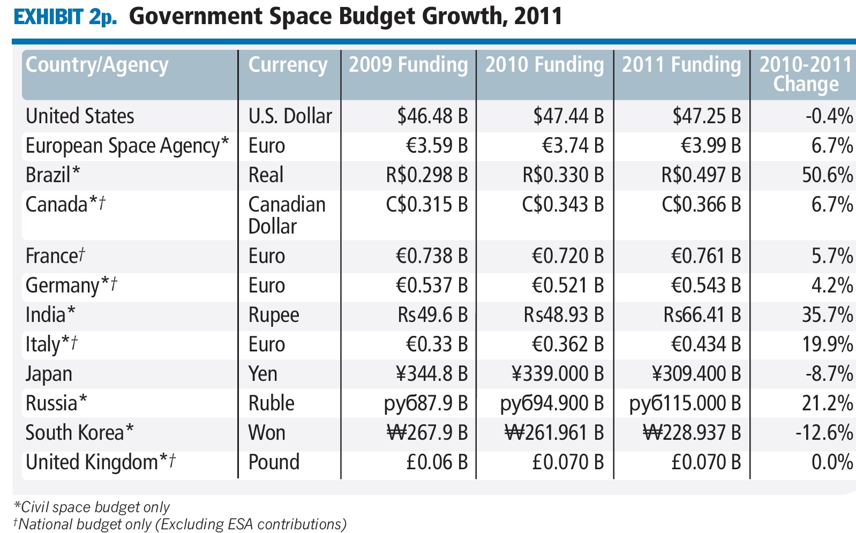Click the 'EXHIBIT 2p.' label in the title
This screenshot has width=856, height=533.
pos(65,17)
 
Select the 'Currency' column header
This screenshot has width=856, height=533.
pos(288,65)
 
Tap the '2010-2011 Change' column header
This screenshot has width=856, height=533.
pos(805,74)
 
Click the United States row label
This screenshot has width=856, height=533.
pos(80,116)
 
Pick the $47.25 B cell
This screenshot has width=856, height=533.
pos(707,116)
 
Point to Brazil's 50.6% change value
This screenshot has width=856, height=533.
pos(827,175)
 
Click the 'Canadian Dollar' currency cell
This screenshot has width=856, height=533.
pos(287,215)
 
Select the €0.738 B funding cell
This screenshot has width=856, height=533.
pos(431,256)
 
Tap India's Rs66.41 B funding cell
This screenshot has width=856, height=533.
pos(702,315)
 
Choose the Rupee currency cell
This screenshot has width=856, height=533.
pos(274,316)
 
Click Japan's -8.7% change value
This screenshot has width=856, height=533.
pos(829,374)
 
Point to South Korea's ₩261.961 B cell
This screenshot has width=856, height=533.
pos(554,433)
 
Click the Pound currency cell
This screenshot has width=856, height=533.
pos(274,462)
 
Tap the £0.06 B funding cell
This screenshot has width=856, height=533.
pos(437,462)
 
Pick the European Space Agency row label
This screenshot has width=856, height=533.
pos(127,146)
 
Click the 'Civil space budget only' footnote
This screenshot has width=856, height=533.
pos(92,507)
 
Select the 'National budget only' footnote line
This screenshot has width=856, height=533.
pos(179,524)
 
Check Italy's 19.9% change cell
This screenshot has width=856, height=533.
pos(827,344)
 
